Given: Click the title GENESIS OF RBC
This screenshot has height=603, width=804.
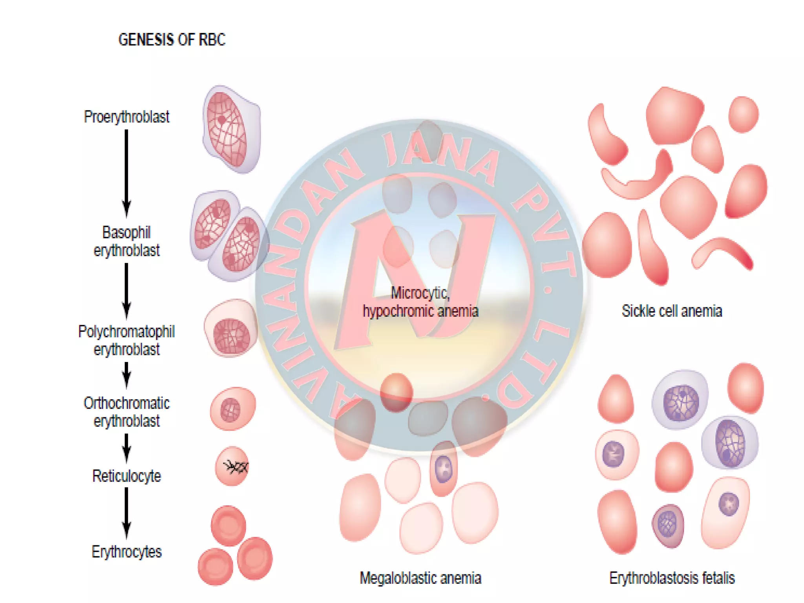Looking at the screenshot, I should pyautogui.click(x=172, y=40).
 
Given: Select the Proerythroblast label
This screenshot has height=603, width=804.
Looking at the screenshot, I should pyautogui.click(x=126, y=117).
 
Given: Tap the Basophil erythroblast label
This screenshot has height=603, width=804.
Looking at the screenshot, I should pyautogui.click(x=126, y=241).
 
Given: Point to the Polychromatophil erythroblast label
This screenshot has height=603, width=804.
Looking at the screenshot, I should pyautogui.click(x=126, y=340).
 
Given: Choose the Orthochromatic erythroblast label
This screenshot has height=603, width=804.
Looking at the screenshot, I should pyautogui.click(x=126, y=412).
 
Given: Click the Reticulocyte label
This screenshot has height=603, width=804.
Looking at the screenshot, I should pyautogui.click(x=126, y=476).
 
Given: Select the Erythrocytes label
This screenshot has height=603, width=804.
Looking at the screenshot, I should pyautogui.click(x=126, y=552).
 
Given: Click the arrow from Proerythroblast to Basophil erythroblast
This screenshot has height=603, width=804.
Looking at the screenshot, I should pyautogui.click(x=126, y=173).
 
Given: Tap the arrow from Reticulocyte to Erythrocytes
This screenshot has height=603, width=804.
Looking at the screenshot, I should pyautogui.click(x=126, y=512).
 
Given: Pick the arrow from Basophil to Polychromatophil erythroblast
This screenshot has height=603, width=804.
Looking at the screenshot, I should pyautogui.click(x=126, y=291).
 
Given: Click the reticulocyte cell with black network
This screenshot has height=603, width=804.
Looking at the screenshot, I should pyautogui.click(x=232, y=466).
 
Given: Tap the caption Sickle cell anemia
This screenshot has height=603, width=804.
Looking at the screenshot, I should pyautogui.click(x=671, y=311).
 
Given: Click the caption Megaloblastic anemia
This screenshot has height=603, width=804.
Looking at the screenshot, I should pyautogui.click(x=420, y=578).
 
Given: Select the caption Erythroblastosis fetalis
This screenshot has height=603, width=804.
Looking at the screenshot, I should pyautogui.click(x=671, y=578).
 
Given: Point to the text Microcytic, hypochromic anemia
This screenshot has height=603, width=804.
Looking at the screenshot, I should pyautogui.click(x=420, y=302).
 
